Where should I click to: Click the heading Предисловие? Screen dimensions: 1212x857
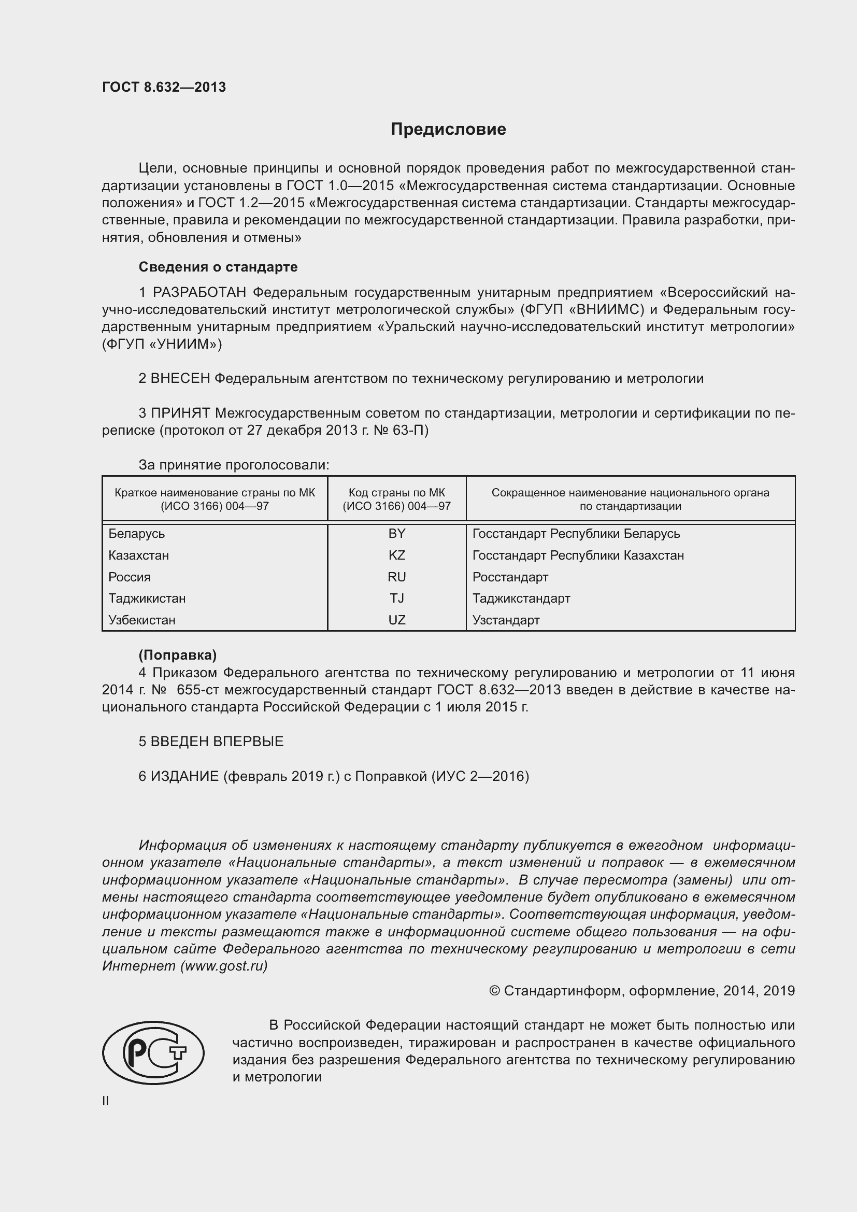coord(448,130)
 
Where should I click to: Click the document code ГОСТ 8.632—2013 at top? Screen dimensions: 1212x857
coord(164,87)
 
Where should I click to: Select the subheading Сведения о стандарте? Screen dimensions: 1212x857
coord(218,267)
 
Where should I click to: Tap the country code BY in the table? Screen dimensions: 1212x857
coord(396,534)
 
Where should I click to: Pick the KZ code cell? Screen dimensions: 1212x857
coord(396,555)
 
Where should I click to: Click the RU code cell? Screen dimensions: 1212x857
coord(396,577)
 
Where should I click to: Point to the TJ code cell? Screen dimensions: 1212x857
coord(396,598)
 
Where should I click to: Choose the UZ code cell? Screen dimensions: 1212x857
coord(396,620)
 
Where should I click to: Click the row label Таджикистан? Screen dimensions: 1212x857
coord(147,598)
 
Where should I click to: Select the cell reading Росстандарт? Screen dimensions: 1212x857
coord(510,577)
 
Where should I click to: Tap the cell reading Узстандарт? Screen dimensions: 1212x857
coord(506,620)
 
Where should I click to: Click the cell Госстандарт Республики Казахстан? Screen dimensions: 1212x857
coord(578,555)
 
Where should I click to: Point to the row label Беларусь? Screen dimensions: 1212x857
coord(136,534)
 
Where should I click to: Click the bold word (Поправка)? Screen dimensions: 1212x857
coord(177,655)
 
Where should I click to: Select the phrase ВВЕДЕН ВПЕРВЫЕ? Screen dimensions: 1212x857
coord(217,742)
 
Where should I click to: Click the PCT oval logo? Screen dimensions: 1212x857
coord(153,1052)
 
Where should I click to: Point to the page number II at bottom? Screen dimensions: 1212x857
coord(106,1101)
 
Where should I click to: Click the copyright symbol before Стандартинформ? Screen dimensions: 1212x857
coord(494,991)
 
